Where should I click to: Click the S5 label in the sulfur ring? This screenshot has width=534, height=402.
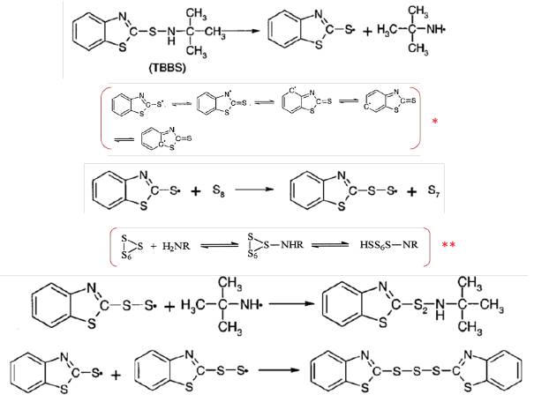(x=255, y=257)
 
